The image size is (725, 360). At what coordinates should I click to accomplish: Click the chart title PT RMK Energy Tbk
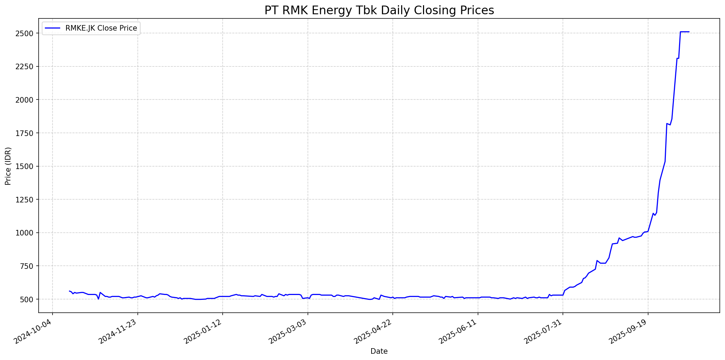tap(379, 10)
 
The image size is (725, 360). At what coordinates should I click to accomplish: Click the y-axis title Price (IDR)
tap(8, 166)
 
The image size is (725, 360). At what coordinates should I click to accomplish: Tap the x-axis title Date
tap(379, 351)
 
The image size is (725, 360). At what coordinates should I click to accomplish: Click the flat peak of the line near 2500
tap(684, 32)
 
